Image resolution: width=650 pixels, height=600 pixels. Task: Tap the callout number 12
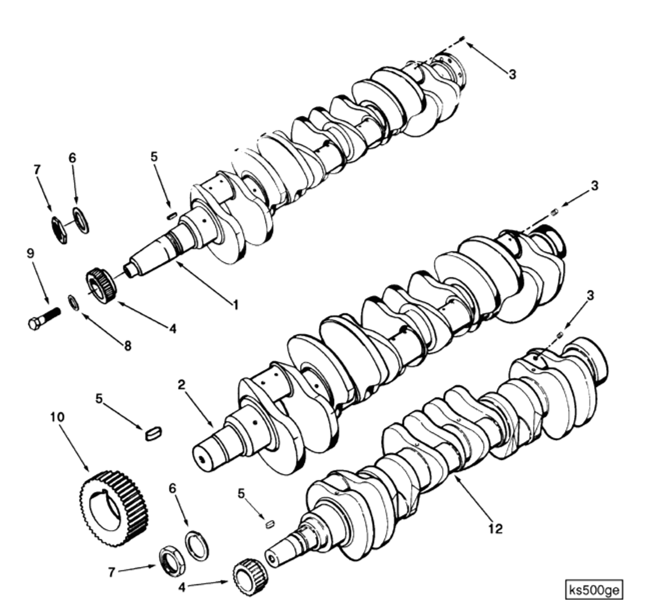coord(496,528)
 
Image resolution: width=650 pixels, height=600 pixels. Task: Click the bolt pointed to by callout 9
coord(44,318)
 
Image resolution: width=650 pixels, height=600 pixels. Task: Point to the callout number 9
coord(31,253)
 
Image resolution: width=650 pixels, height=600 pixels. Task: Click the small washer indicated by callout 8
coord(73,303)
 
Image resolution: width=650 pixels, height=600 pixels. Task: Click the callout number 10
coord(57,417)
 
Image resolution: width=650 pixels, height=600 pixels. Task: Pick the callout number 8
coord(128,345)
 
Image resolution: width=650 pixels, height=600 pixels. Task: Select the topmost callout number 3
coord(512,74)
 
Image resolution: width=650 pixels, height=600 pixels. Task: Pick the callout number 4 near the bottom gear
coord(182,588)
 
